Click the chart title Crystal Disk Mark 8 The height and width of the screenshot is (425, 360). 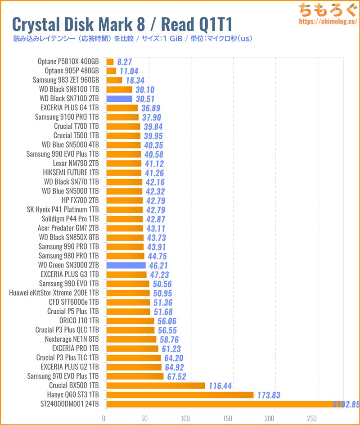pyautogui.click(x=121, y=23)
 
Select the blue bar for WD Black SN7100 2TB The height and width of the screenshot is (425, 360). pyautogui.click(x=119, y=99)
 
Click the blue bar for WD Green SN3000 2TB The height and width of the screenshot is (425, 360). pyautogui.click(x=126, y=265)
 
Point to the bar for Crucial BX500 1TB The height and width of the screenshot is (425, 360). pyautogui.click(x=156, y=385)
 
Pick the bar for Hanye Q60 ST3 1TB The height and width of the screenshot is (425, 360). pyautogui.click(x=180, y=395)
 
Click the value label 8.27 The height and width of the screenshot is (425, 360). pyautogui.click(x=124, y=62)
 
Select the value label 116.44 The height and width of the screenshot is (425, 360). pyautogui.click(x=220, y=386)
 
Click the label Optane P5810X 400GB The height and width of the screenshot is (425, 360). pyautogui.click(x=69, y=62)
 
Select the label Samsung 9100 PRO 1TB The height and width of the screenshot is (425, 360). pyautogui.click(x=67, y=117)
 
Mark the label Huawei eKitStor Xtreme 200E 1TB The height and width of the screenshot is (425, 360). pyautogui.click(x=54, y=293)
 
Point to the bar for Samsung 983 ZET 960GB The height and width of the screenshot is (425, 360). pyautogui.click(x=114, y=80)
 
